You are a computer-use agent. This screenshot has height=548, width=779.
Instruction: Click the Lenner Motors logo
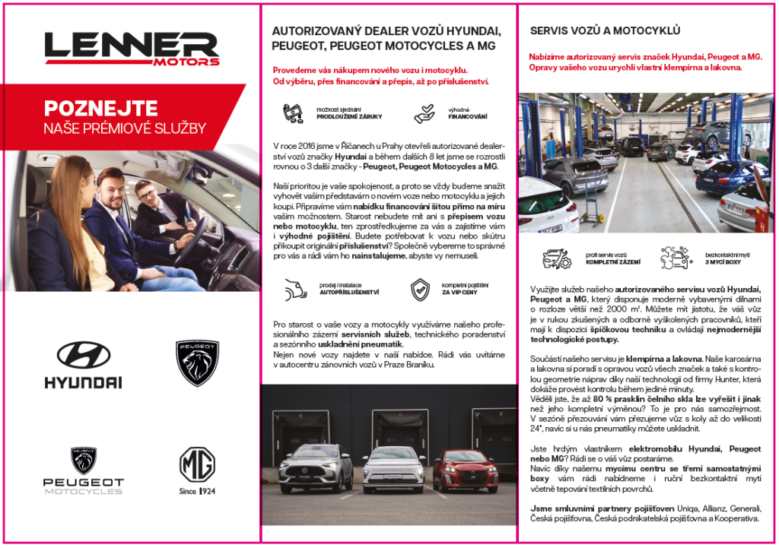[131, 49]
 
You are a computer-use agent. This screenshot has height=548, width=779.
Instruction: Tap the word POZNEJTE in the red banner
[100, 108]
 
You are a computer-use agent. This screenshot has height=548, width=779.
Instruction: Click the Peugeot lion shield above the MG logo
[197, 363]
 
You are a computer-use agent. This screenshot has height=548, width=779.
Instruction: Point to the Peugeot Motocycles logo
[84, 471]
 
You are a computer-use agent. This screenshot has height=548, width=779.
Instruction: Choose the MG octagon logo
[197, 464]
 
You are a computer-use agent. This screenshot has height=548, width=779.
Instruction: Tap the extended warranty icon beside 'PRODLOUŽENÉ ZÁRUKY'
[294, 112]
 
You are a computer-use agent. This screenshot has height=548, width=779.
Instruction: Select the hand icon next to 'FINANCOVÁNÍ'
[424, 113]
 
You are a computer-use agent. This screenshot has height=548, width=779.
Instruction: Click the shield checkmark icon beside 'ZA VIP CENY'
[420, 289]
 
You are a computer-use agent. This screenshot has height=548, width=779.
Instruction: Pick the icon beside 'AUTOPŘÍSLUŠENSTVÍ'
[293, 289]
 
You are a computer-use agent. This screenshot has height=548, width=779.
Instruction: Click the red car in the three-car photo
[466, 470]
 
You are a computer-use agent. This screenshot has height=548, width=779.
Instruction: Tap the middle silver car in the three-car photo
[393, 468]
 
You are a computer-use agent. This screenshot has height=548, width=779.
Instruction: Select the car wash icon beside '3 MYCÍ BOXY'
[676, 258]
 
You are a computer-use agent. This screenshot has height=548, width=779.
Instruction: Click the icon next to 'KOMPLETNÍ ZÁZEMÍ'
[556, 258]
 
